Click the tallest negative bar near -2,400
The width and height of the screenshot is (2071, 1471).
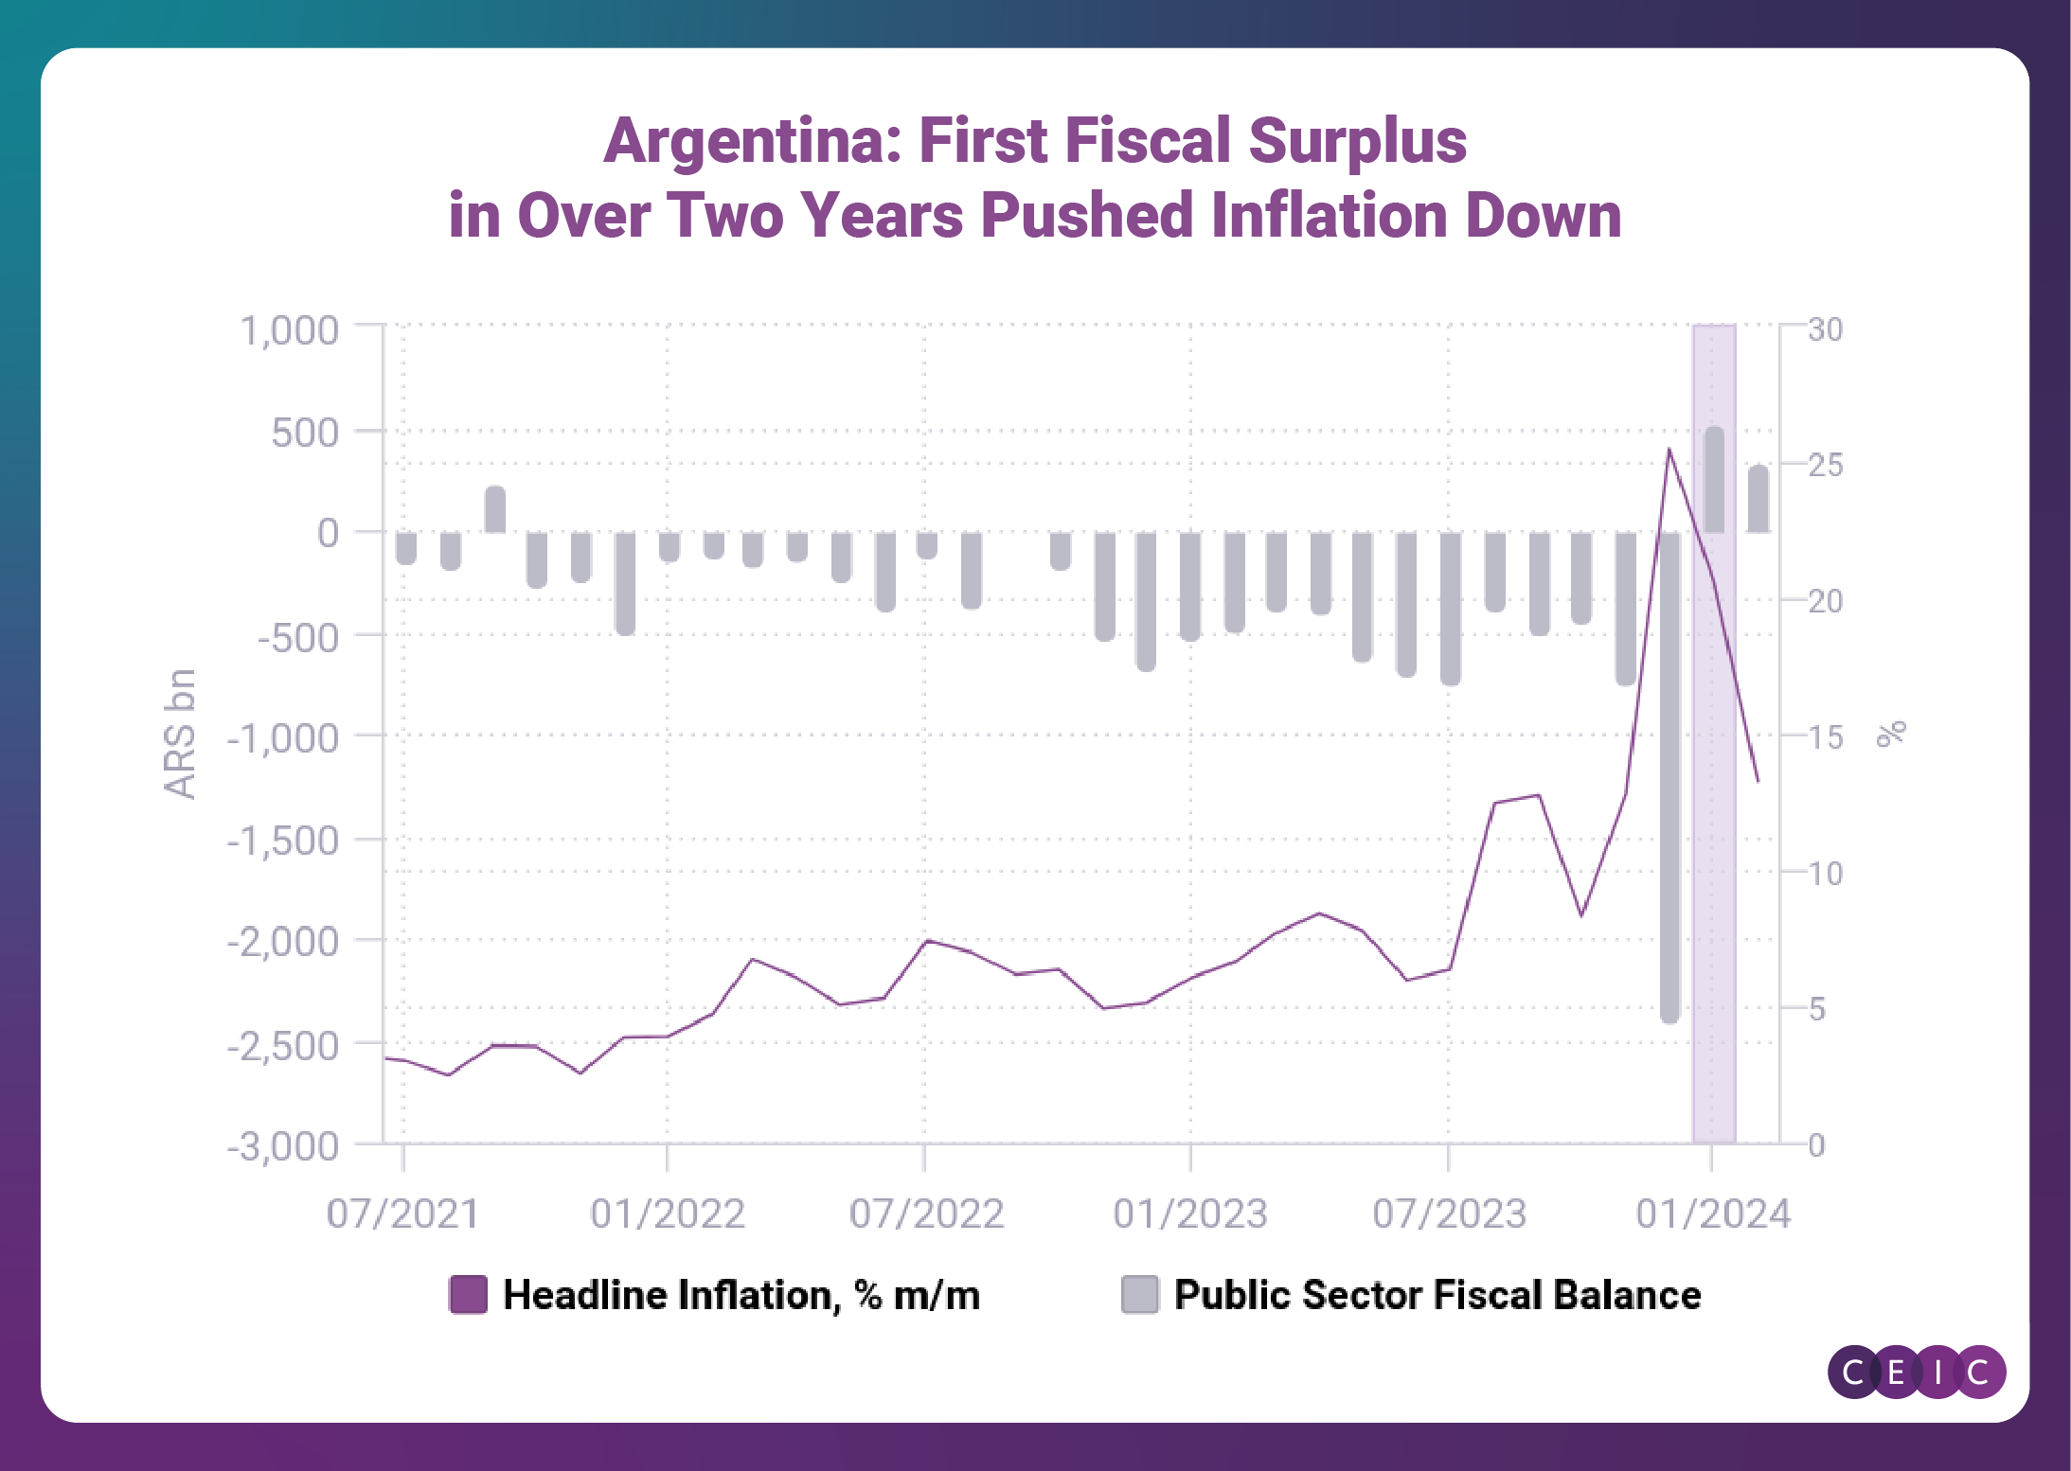(x=1669, y=776)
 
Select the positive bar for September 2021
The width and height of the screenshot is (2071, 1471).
(x=495, y=509)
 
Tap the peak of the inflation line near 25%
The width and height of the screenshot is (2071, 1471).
(x=1669, y=451)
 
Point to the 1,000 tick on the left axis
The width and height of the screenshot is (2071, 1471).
(x=290, y=331)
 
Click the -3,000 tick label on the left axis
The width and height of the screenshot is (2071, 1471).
(x=283, y=1146)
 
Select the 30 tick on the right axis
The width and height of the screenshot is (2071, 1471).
(x=1825, y=329)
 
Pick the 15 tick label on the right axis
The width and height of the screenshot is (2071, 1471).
(x=1825, y=737)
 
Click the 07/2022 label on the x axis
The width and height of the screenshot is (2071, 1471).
(x=926, y=1214)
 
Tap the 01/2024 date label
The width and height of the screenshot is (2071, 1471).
(x=1713, y=1214)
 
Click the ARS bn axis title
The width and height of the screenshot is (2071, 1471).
(x=180, y=735)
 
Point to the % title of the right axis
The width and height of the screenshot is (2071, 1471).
(x=1891, y=735)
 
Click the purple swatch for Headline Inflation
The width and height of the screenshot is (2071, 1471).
(x=469, y=1295)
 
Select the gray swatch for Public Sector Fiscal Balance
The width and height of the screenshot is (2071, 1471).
(x=1139, y=1295)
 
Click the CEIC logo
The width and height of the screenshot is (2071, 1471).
(x=1916, y=1372)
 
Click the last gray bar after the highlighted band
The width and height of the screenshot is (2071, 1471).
(x=1758, y=499)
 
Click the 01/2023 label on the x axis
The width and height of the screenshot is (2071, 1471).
(x=1190, y=1214)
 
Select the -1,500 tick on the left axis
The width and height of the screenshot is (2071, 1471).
(x=283, y=841)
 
